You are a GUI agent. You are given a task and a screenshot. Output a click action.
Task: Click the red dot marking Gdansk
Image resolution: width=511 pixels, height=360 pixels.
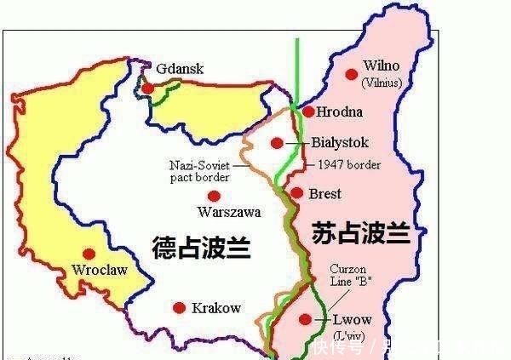point(148,88)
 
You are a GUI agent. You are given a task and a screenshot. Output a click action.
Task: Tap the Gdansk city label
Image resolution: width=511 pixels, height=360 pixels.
point(180,68)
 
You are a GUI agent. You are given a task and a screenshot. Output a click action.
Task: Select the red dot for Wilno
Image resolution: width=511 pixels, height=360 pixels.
point(351,74)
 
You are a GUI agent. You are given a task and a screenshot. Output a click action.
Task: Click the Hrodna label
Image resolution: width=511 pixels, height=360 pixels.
point(339,111)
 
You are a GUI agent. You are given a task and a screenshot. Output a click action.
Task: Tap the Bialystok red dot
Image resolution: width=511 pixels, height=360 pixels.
point(277,143)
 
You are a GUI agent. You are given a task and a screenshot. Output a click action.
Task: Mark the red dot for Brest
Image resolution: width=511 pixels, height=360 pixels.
point(296,193)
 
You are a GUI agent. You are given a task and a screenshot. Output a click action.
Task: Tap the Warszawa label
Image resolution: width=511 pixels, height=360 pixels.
point(228,212)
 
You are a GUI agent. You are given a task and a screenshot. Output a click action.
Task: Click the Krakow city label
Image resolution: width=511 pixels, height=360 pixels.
point(216,308)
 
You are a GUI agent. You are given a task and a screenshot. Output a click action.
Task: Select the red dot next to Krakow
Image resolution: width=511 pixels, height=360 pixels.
point(178,308)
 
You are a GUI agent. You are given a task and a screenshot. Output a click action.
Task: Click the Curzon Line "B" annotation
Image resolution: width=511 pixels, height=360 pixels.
point(352,275)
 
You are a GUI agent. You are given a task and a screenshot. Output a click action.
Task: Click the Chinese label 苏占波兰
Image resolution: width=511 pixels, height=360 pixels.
point(361,233)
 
